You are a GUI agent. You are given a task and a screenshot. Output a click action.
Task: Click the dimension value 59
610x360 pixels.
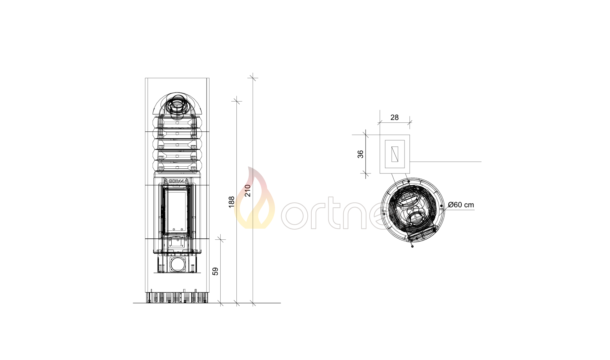click(x=215, y=271)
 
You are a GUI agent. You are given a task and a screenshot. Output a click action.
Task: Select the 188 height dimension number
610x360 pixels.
click(x=231, y=202)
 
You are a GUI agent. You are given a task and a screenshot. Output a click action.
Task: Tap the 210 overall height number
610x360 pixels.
click(x=248, y=191)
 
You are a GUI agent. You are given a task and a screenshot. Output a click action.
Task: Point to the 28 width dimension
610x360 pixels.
click(x=394, y=117)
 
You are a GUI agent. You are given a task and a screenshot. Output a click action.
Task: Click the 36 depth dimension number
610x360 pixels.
click(x=360, y=154)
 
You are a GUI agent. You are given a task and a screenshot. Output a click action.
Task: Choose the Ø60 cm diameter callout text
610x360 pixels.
click(x=461, y=205)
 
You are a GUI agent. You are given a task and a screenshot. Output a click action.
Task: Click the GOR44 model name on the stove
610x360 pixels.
click(x=176, y=181)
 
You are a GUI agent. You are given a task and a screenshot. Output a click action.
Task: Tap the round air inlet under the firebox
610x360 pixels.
click(x=178, y=264)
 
